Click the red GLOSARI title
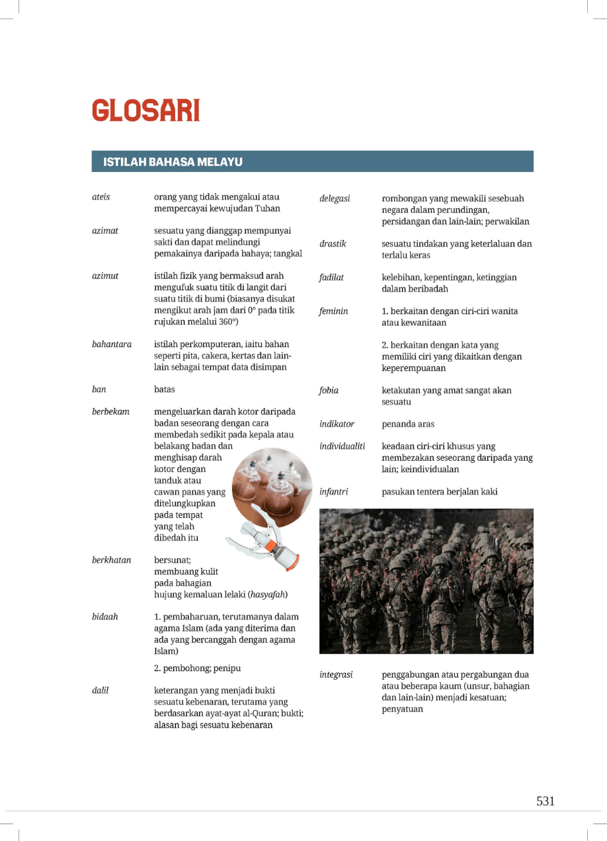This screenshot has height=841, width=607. point(145,110)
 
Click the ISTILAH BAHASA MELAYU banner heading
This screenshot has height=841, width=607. point(173,161)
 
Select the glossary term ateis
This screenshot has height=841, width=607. point(101,197)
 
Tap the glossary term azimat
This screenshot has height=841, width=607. point(105,231)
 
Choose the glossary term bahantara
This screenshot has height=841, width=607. point(111,344)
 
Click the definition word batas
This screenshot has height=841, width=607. point(165,389)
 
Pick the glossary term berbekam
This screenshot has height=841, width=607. point(110,412)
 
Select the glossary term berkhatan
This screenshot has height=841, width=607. point(111,560)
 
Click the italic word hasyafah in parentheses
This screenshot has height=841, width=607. point(267,594)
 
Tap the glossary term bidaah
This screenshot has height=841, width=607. point(105,616)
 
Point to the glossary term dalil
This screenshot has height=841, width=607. point(101,691)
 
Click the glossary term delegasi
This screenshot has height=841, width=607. point(335,198)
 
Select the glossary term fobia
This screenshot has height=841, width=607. point(329,390)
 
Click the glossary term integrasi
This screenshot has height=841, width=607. point(336,674)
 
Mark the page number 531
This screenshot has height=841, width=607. point(546,801)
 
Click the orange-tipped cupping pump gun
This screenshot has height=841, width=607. point(264,539)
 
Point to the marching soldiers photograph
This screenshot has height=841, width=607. point(426,580)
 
